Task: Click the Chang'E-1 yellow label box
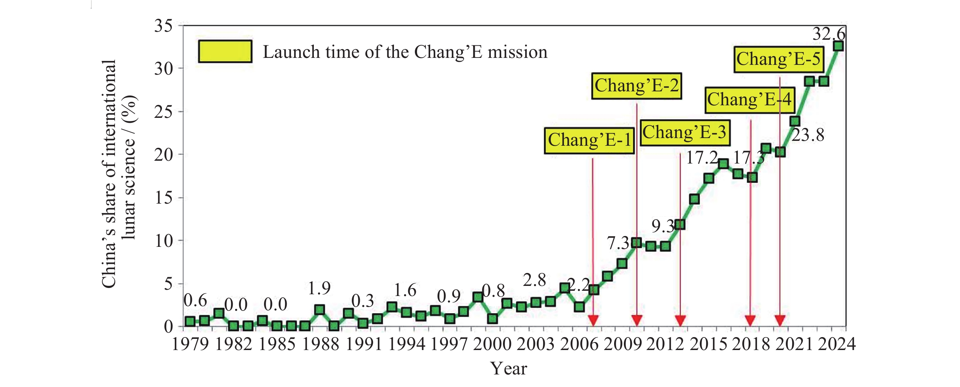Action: click(x=589, y=141)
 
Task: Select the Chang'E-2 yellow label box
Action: click(x=636, y=86)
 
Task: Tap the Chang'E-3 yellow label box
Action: click(x=684, y=132)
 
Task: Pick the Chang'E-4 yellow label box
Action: click(x=750, y=100)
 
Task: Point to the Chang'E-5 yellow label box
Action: click(x=779, y=59)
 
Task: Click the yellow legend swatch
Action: click(x=225, y=52)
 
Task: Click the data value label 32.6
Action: click(x=829, y=34)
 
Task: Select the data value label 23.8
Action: click(x=808, y=135)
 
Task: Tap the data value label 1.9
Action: click(x=319, y=288)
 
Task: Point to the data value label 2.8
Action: click(x=534, y=280)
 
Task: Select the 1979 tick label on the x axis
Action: click(x=190, y=344)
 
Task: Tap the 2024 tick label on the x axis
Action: click(x=837, y=344)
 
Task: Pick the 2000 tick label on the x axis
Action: click(x=492, y=344)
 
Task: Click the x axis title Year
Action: click(x=508, y=369)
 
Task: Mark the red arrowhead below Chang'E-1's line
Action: click(x=593, y=320)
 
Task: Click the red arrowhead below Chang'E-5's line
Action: click(x=780, y=320)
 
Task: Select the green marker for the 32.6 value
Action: click(x=838, y=46)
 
